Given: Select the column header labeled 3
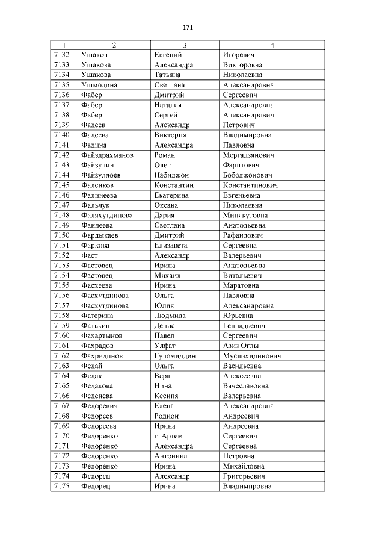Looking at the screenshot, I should [x=185, y=45].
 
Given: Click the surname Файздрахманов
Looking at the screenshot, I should [x=106, y=155].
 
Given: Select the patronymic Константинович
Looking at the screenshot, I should [x=250, y=185].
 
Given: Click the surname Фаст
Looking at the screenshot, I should [x=89, y=255].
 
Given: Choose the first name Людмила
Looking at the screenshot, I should [x=170, y=316].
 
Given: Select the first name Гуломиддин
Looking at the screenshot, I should [x=174, y=356].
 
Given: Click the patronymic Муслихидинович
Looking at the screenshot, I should [x=252, y=356].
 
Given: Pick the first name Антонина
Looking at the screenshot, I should [x=171, y=456].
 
